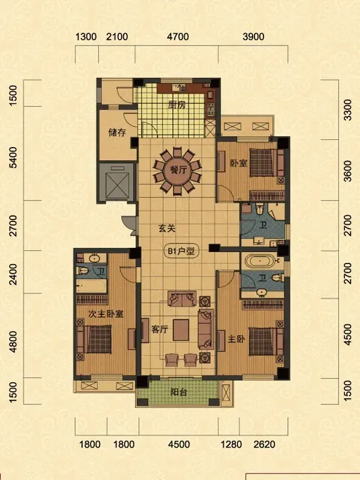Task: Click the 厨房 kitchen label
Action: tap(177, 105)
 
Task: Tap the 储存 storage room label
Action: tap(117, 133)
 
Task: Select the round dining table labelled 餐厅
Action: tap(177, 170)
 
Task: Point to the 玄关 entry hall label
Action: tap(167, 229)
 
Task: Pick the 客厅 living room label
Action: tap(160, 329)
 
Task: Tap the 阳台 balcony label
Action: tap(179, 392)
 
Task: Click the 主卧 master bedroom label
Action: tap(236, 339)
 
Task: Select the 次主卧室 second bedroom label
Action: tap(106, 314)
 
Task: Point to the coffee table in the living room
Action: tap(181, 330)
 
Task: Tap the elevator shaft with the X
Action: tap(117, 183)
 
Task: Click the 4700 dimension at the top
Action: tap(178, 37)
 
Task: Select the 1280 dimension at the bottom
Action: tap(232, 444)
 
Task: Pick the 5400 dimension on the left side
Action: tap(13, 158)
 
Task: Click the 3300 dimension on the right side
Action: tap(348, 110)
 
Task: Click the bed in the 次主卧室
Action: tap(95, 339)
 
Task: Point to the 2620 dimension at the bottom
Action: tap(264, 444)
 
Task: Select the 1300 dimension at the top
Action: tap(86, 37)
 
